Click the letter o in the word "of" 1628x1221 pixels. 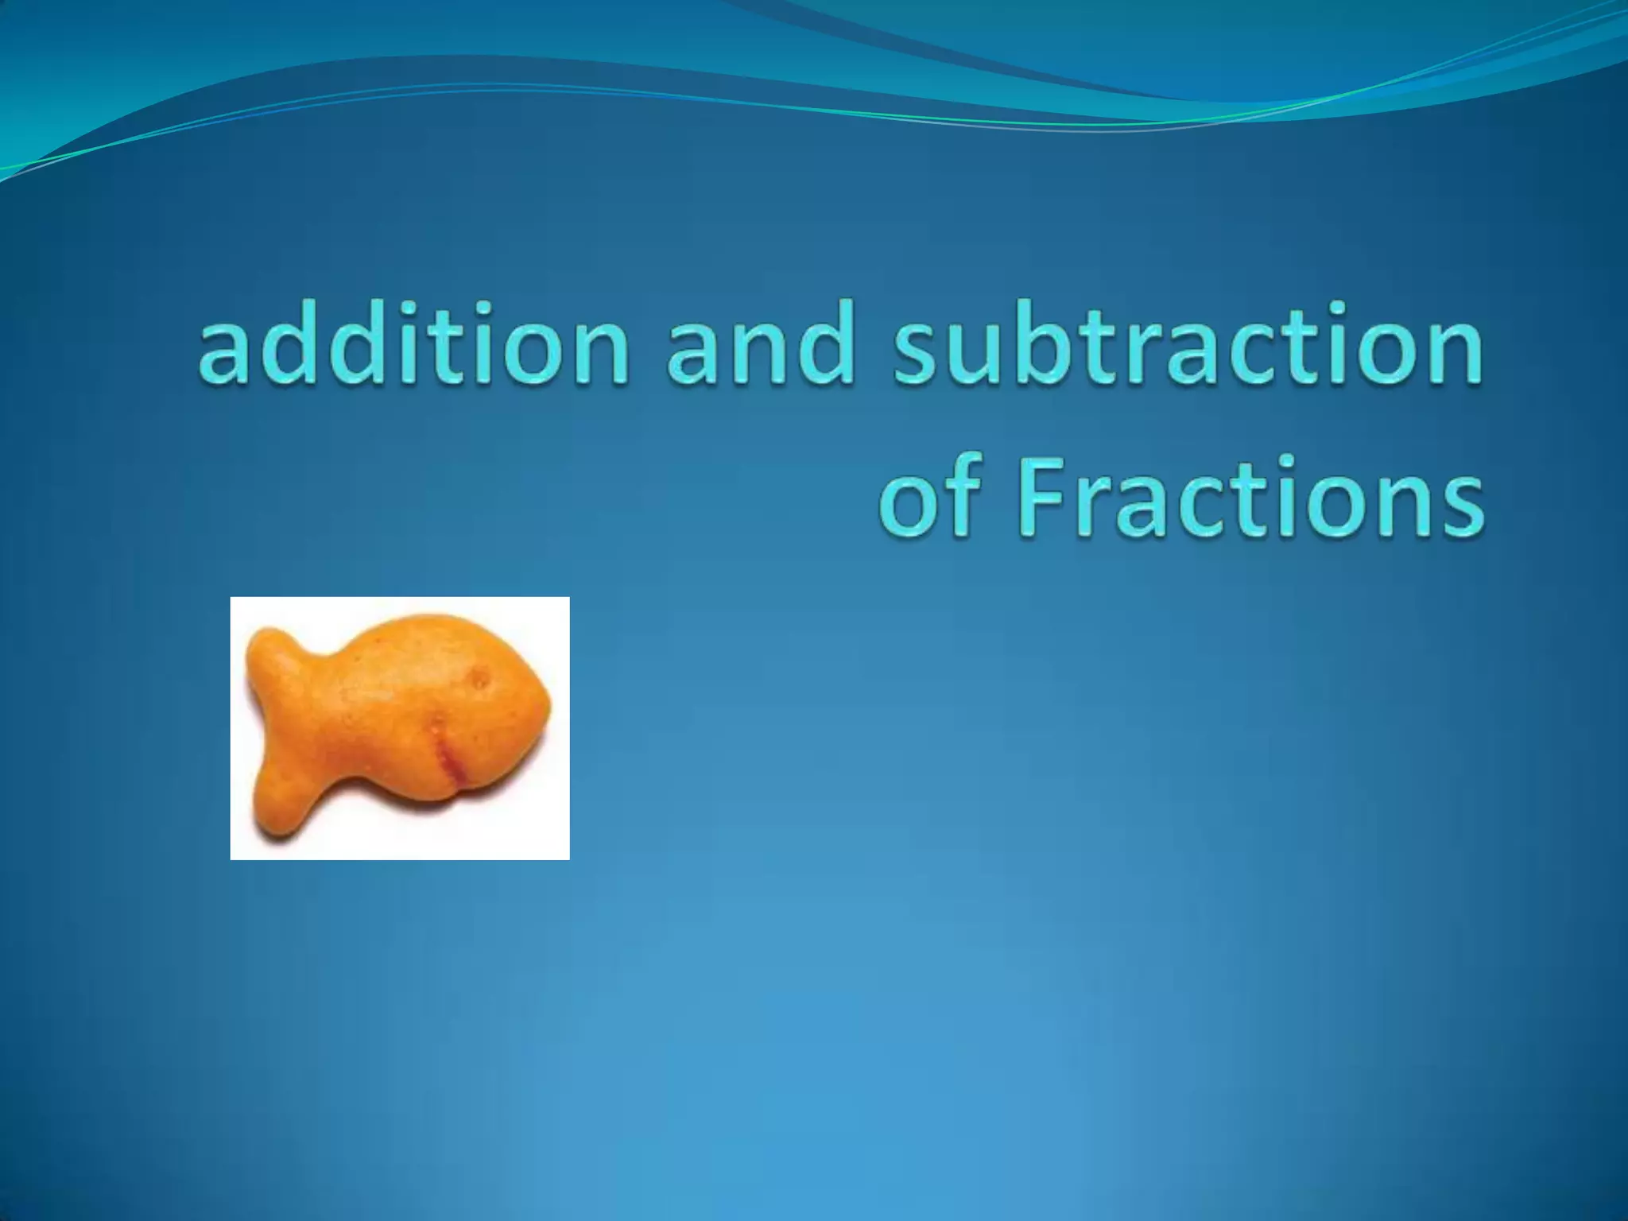tap(910, 503)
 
